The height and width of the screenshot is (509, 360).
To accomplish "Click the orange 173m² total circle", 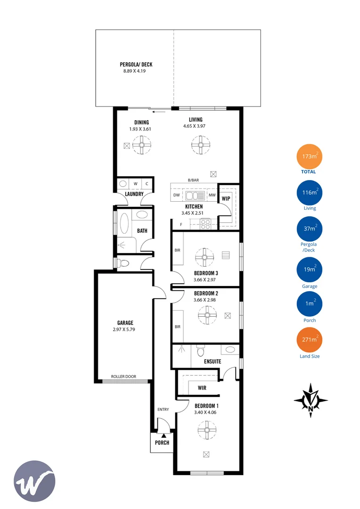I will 309,157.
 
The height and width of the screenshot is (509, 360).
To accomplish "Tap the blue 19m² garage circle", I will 309,271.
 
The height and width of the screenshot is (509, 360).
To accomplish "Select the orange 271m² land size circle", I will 309,340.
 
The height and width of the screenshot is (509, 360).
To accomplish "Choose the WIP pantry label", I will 226,198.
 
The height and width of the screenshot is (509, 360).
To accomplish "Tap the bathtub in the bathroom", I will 124,223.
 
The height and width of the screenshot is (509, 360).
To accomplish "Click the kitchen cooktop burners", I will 205,224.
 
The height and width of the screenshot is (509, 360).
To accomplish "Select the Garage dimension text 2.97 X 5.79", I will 123,330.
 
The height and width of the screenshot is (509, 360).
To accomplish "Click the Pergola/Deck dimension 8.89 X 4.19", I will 135,72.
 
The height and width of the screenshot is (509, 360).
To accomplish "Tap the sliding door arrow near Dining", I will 159,112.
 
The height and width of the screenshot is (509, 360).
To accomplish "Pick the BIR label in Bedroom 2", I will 178,327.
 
